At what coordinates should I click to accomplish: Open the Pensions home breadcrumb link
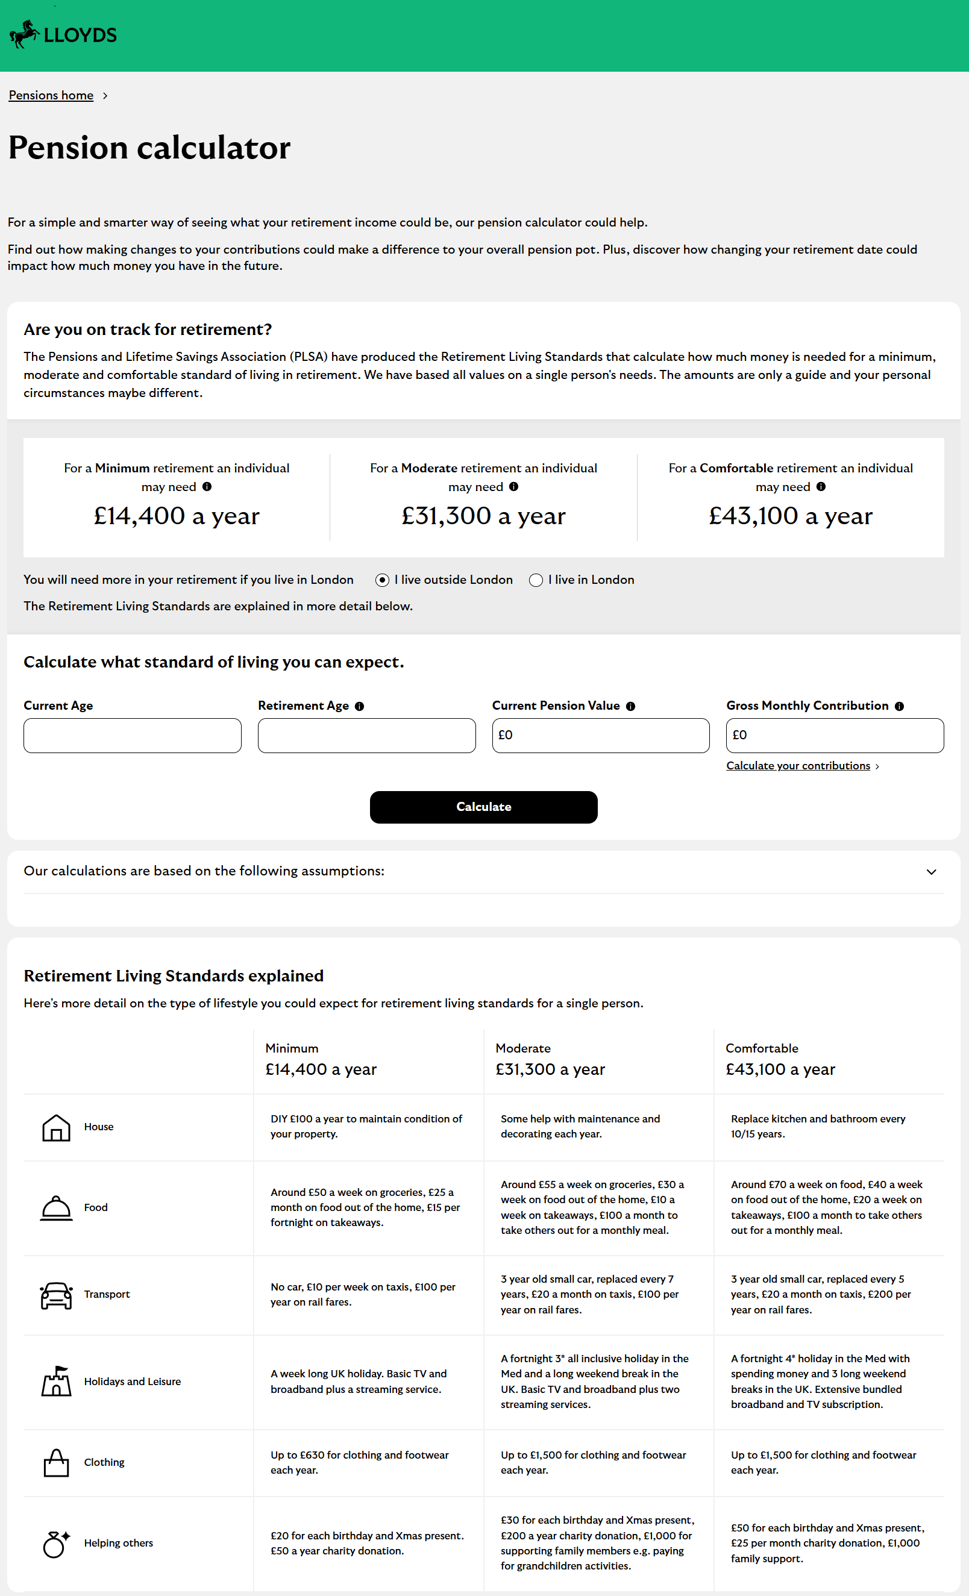tap(51, 96)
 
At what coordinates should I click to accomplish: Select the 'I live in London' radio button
tap(536, 580)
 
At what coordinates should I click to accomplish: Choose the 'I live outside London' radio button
tap(382, 580)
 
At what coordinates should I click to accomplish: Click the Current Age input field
tap(132, 735)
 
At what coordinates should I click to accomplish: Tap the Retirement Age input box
tap(366, 735)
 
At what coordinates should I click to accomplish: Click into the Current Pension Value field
tap(600, 735)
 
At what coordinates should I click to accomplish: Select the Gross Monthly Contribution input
tap(834, 735)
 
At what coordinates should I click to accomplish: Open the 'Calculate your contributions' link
tap(798, 766)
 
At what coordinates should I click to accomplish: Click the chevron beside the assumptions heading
tap(931, 872)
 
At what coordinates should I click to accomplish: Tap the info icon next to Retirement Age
tap(360, 707)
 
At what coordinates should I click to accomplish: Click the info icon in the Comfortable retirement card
tap(821, 487)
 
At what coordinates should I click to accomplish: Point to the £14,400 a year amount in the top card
tap(176, 516)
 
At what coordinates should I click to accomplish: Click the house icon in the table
tap(57, 1128)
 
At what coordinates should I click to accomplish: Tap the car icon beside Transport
tap(57, 1295)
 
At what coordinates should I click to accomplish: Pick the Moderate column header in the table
tap(522, 1048)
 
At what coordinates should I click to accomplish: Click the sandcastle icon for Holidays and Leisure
tap(57, 1381)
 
